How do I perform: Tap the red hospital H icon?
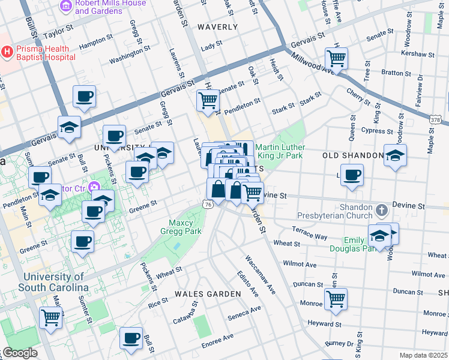tap(7, 52)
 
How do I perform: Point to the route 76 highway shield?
tap(208, 205)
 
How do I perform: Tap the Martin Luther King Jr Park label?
tap(280, 152)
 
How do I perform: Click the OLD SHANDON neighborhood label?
tap(352, 155)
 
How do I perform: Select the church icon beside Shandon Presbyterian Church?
tap(382, 211)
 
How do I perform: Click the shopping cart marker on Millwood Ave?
tap(337, 59)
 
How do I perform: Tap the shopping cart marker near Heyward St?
tap(336, 299)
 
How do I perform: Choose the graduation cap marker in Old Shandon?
tap(394, 155)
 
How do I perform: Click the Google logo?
tap(20, 353)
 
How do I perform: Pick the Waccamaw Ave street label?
tap(259, 275)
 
